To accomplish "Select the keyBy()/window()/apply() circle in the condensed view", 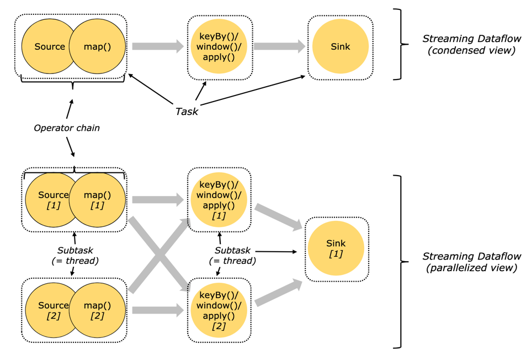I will [x=219, y=47].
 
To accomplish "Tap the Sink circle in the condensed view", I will [x=340, y=47].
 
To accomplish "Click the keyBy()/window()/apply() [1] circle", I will [x=219, y=200].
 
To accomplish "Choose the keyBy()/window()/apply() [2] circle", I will [x=219, y=310].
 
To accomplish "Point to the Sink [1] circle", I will [x=336, y=248].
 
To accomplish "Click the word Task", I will [x=187, y=112].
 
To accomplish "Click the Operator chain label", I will [x=67, y=128].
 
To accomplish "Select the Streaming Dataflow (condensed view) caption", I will [x=469, y=45].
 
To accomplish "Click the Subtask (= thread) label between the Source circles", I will [x=75, y=256].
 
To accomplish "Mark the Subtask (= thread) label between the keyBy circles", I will [x=232, y=256].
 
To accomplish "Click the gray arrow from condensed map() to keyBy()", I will [x=157, y=47].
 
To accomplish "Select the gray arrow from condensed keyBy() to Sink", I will [x=279, y=47].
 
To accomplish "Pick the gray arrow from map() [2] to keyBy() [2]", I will [x=157, y=311].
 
